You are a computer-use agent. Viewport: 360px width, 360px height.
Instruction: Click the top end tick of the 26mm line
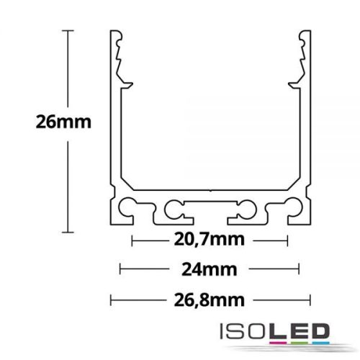(x=68, y=30)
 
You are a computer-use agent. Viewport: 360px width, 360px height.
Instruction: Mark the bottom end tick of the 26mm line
(x=68, y=232)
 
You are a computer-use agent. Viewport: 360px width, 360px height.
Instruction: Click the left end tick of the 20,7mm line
(x=132, y=239)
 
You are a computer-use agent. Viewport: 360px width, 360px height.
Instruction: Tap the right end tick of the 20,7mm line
(x=288, y=239)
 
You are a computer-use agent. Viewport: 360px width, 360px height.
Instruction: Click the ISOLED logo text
(x=273, y=332)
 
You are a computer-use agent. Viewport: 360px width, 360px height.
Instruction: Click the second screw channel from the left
(x=174, y=208)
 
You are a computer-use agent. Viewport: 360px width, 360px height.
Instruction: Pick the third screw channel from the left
(x=243, y=208)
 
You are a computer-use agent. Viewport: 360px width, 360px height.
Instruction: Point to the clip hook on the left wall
(x=126, y=80)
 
